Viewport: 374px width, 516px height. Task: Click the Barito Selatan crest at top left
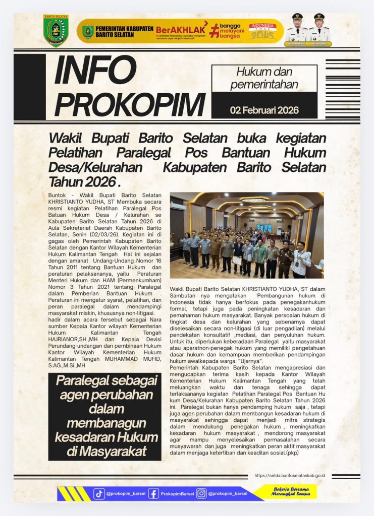coord(56,30)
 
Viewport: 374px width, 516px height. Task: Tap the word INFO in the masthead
coord(95,70)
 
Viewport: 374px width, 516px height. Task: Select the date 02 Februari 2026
coord(264,110)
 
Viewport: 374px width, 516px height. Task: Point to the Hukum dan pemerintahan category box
coord(264,79)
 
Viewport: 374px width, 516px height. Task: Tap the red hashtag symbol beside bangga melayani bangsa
coord(215,30)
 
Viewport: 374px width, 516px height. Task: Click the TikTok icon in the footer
coord(99,494)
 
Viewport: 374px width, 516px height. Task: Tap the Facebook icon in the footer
coord(153,494)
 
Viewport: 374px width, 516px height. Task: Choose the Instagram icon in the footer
coord(201,494)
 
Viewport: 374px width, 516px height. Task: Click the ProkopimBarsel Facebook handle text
coord(177,494)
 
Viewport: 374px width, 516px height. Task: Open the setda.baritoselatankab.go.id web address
coord(290,475)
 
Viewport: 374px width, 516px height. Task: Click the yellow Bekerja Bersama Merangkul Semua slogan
coord(293,492)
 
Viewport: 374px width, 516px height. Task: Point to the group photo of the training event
coord(246,235)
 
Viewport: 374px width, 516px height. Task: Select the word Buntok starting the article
coord(57,195)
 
